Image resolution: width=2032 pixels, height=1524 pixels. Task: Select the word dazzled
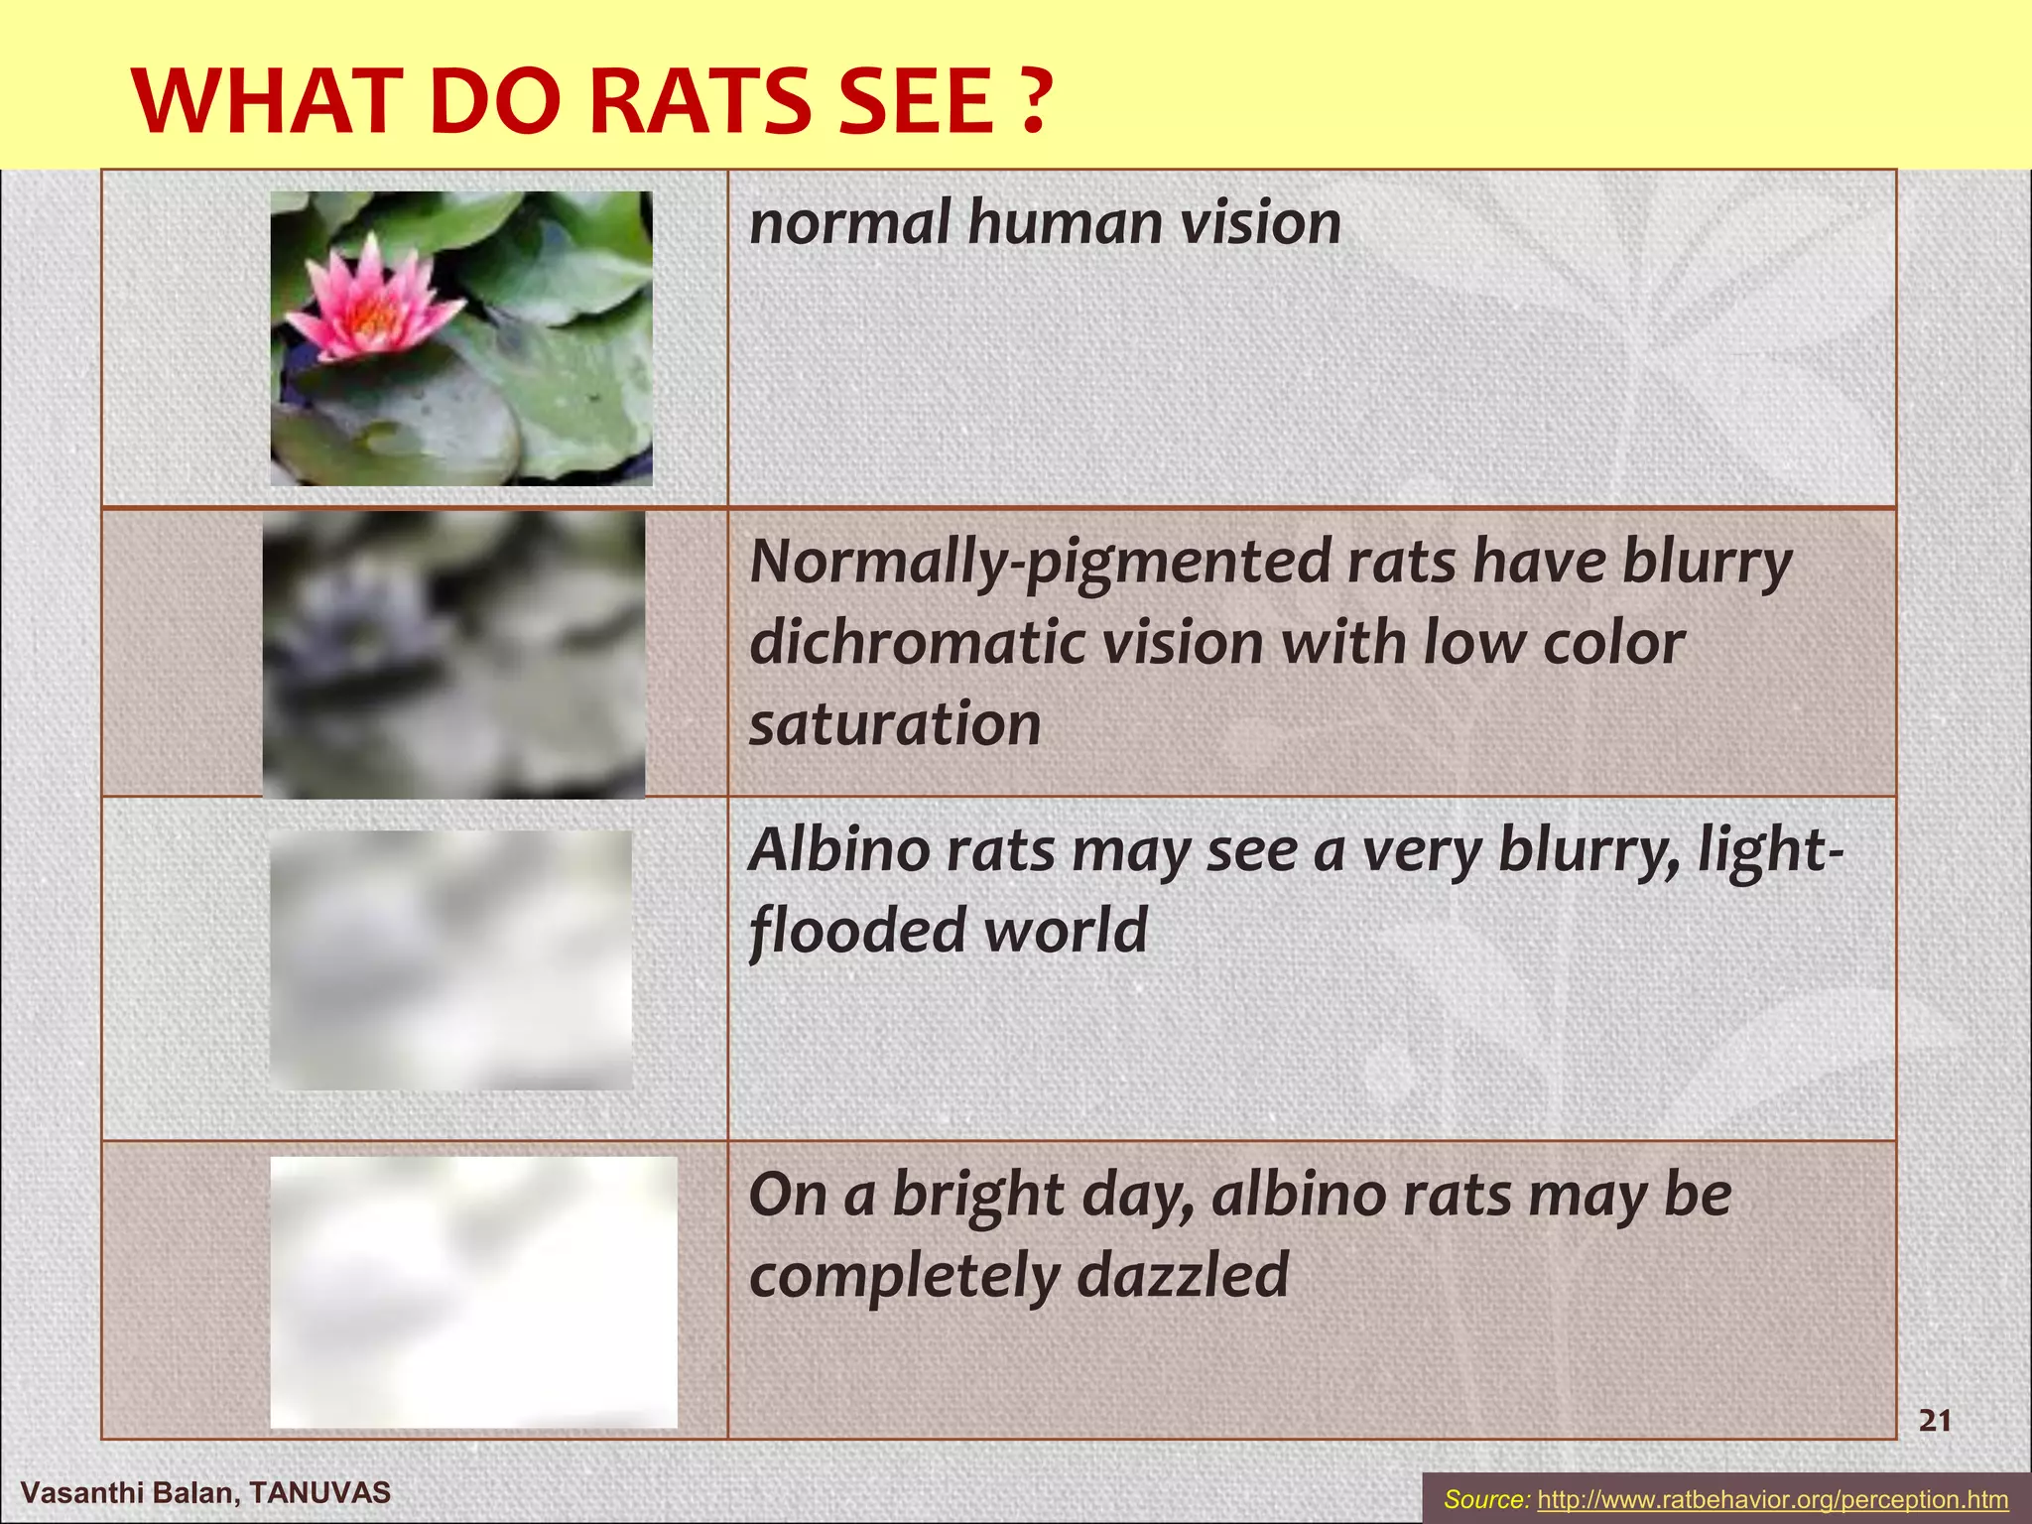(x=1183, y=1275)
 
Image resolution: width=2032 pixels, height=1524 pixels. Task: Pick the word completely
(x=904, y=1277)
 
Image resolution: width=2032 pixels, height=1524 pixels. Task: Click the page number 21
(x=1935, y=1421)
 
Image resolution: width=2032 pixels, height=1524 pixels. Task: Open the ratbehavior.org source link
(x=1772, y=1499)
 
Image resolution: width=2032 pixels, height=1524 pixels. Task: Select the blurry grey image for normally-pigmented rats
(x=453, y=654)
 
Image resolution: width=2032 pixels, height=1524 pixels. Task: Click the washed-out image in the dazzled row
(x=473, y=1292)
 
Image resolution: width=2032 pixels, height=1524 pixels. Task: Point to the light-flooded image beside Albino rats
(x=450, y=959)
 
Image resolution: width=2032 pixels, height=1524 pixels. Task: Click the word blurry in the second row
(x=1707, y=563)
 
